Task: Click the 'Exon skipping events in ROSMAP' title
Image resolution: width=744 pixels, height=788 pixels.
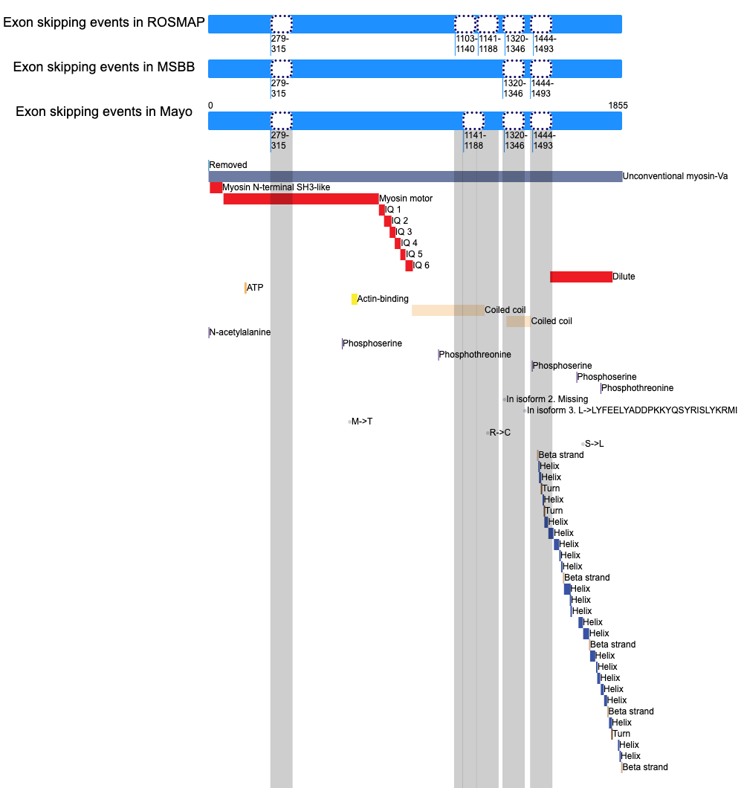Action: [104, 22]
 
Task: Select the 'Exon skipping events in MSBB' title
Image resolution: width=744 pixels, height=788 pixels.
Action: [104, 68]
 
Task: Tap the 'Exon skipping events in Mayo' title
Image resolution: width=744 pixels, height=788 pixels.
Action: [104, 112]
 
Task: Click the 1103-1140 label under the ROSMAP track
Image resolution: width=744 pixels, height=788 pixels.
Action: [465, 44]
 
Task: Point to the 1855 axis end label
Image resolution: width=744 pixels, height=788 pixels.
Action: [618, 106]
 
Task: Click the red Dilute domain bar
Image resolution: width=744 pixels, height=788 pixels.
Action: [581, 277]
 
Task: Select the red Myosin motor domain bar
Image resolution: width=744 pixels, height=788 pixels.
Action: [301, 199]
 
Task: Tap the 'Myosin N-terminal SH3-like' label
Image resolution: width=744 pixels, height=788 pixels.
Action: [276, 187]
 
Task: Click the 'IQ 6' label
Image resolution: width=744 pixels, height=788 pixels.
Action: [421, 265]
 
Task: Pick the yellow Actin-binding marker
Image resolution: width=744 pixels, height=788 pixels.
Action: [355, 299]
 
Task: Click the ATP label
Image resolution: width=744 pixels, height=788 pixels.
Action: [255, 288]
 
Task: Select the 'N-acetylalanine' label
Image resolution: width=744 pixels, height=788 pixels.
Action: [239, 332]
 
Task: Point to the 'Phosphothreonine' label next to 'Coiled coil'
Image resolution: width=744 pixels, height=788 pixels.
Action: [475, 355]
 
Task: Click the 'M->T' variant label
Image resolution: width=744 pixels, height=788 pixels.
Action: [362, 422]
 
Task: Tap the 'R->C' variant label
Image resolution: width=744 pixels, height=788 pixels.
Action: [500, 433]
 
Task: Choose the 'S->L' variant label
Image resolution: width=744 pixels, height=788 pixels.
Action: [595, 444]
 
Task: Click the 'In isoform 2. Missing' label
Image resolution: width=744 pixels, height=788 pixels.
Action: [547, 399]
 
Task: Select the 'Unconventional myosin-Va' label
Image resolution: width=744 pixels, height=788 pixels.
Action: [675, 176]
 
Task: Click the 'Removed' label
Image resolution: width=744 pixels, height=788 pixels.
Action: [228, 165]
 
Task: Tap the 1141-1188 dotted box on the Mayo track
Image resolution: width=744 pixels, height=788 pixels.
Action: [473, 121]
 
